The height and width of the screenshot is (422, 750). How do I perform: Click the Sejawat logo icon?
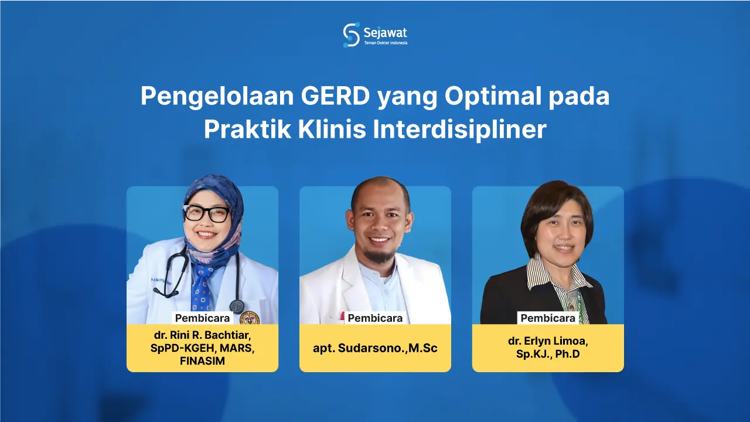pyautogui.click(x=351, y=35)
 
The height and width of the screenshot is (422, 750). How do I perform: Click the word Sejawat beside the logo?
pyautogui.click(x=385, y=32)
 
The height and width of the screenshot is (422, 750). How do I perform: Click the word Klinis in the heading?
pyautogui.click(x=332, y=130)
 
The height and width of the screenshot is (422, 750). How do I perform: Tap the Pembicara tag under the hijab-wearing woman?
pyautogui.click(x=202, y=318)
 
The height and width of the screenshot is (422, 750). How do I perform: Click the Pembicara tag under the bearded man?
pyautogui.click(x=375, y=318)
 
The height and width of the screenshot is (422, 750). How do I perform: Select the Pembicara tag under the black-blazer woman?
pyautogui.click(x=548, y=318)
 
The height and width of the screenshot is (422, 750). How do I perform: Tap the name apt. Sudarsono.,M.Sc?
pyautogui.click(x=375, y=348)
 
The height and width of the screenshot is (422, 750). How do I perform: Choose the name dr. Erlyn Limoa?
pyautogui.click(x=548, y=342)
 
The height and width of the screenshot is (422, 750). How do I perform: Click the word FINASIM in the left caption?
pyautogui.click(x=202, y=361)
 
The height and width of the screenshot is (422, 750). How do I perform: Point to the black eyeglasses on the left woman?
pyautogui.click(x=207, y=213)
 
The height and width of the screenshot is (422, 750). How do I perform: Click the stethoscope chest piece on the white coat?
pyautogui.click(x=237, y=306)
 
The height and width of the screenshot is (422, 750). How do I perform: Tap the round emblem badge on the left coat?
pyautogui.click(x=250, y=318)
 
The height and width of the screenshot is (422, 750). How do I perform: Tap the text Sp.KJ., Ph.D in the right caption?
pyautogui.click(x=548, y=354)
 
